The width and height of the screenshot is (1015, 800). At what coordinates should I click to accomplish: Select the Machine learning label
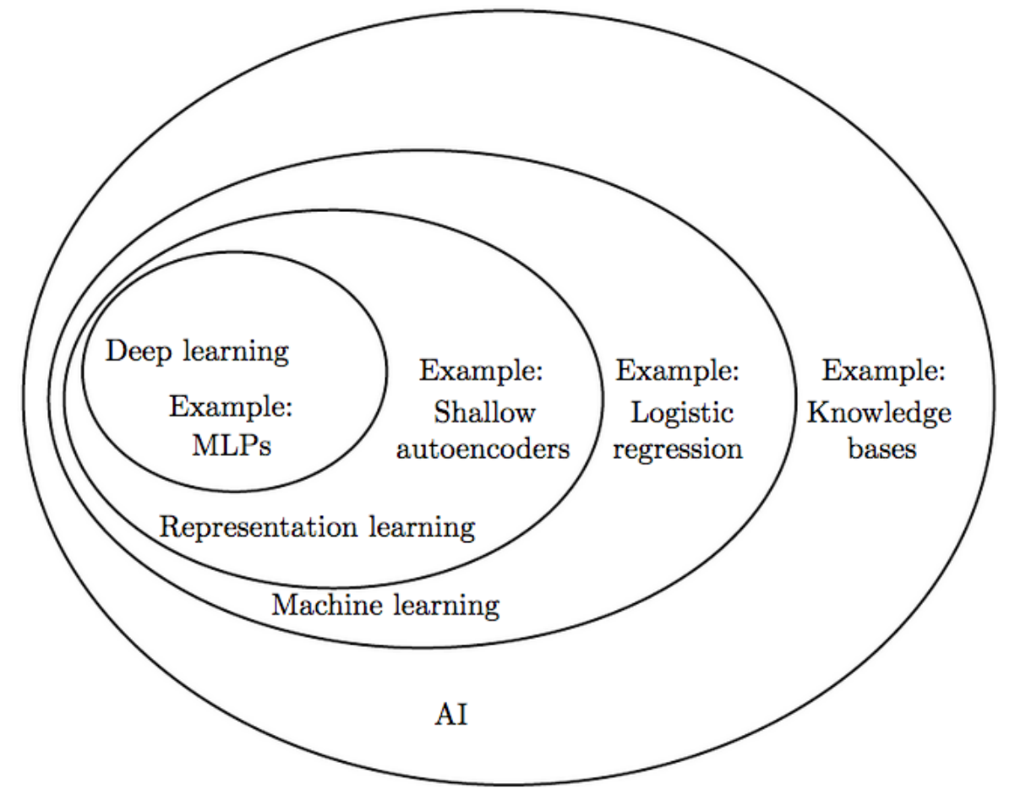pos(385,605)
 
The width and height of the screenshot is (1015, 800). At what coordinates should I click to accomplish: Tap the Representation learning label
pos(317,528)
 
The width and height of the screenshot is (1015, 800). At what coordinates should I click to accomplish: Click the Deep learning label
pos(197,351)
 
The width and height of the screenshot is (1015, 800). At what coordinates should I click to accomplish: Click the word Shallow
pos(484,413)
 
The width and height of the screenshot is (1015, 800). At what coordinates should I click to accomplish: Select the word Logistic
pos(681,413)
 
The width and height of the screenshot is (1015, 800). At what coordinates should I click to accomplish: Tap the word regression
pos(678,449)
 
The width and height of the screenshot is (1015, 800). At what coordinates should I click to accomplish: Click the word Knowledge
pos(879,413)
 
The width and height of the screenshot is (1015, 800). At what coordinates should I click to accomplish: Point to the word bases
pos(882,449)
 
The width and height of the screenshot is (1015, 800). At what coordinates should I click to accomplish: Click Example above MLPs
pos(231,409)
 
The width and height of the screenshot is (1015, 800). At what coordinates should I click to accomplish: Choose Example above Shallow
pos(482,370)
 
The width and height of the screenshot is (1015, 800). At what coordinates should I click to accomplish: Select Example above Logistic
pos(678,370)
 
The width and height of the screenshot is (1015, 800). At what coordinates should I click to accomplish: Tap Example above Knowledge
pos(884,370)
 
